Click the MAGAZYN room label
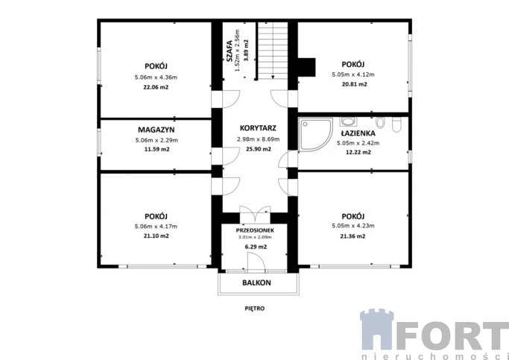[x=157, y=130]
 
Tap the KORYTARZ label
[x=258, y=128]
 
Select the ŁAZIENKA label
[x=358, y=133]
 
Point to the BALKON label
[x=256, y=282]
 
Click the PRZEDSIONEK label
[x=255, y=230]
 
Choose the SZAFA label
[x=230, y=51]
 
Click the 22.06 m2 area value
[x=157, y=87]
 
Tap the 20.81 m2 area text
[x=354, y=84]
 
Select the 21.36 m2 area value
[x=352, y=236]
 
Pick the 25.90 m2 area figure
[x=258, y=149]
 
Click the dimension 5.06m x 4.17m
[x=157, y=227]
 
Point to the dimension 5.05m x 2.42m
[x=358, y=143]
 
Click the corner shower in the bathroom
[x=316, y=135]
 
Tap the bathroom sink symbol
[x=348, y=121]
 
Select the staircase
[x=273, y=50]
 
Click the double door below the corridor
[x=255, y=214]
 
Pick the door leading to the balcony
[x=256, y=263]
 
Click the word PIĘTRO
[x=255, y=309]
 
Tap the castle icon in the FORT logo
[x=377, y=329]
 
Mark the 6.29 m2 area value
[x=256, y=247]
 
